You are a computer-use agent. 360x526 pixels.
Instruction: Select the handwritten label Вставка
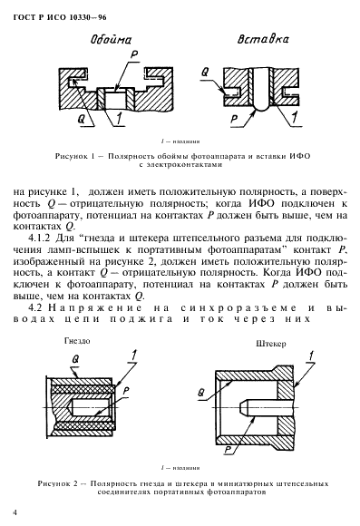point(244,41)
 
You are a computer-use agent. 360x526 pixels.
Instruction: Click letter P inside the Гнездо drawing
point(127,390)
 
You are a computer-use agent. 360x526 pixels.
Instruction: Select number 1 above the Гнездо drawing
point(135,353)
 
